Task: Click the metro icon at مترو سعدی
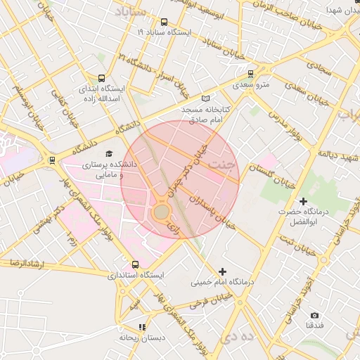pos(251,73)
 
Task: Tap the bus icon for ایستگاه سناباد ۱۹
pos(165,22)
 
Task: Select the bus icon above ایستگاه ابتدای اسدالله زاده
pos(103,79)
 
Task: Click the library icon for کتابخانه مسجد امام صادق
pos(205,98)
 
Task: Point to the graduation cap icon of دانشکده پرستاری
pos(108,153)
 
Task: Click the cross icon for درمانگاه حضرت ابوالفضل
pos(304,201)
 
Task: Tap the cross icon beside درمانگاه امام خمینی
pos(223,271)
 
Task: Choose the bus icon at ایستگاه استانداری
pos(135,264)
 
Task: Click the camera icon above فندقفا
pos(314,316)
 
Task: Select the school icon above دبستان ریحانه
pos(142,327)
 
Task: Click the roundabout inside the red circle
pos(162,211)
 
